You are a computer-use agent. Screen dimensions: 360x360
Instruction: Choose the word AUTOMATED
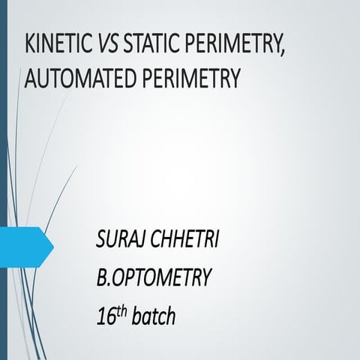[x=75, y=78]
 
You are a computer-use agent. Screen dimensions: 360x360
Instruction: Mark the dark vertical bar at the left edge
[x=3, y=180]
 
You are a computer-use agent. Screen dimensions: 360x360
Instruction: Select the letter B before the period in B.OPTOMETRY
[x=102, y=280]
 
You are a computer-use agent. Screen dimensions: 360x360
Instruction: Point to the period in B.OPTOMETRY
[x=110, y=286]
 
